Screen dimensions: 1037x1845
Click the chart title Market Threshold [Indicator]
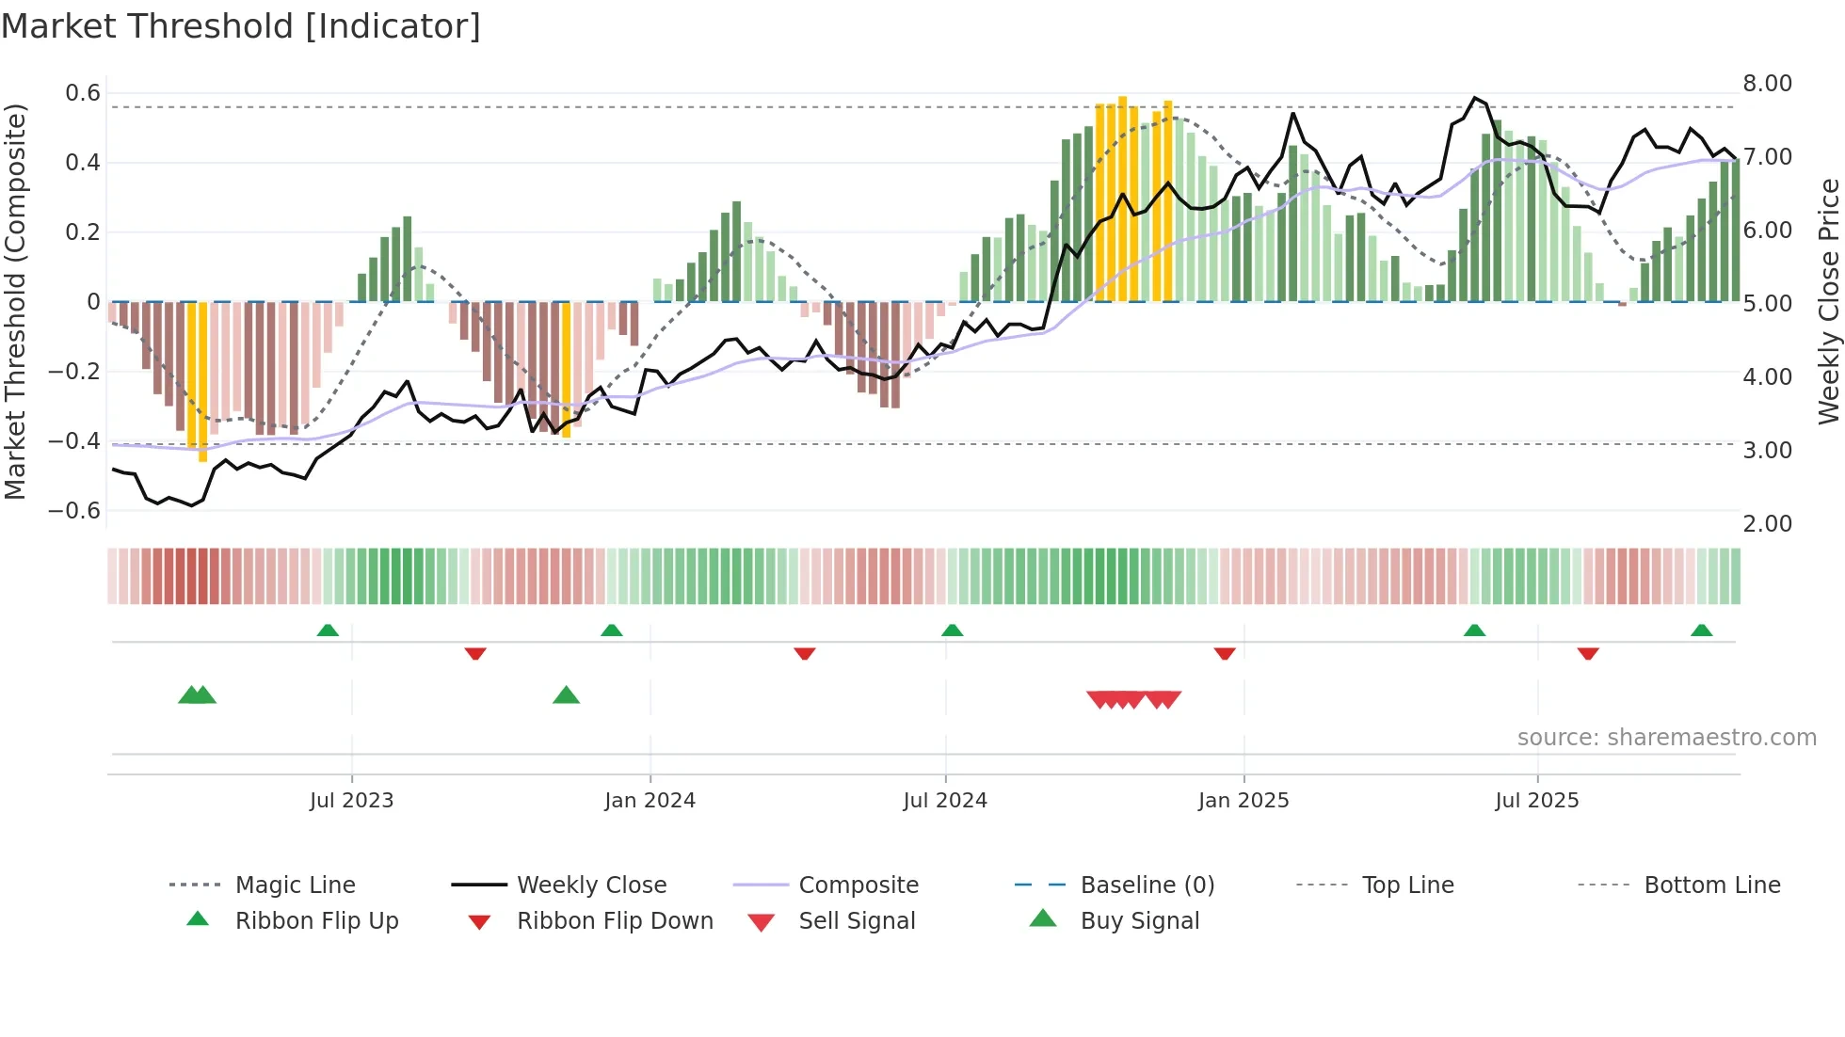tap(241, 26)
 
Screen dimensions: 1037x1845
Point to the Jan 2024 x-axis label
tap(650, 801)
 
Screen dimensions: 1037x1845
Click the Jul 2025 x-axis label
tap(1536, 801)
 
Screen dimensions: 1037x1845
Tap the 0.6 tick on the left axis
tap(83, 93)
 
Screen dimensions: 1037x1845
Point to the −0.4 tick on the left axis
tap(74, 441)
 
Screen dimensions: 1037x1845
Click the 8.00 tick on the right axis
tap(1767, 84)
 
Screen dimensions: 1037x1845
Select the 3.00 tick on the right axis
tap(1767, 451)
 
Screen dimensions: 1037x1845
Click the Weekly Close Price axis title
tap(1828, 301)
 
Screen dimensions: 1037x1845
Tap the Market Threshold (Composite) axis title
tap(15, 301)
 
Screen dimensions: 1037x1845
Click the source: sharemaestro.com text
tap(1666, 738)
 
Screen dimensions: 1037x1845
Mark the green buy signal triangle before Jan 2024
tap(566, 695)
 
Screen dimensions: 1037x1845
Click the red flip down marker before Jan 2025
tap(1224, 653)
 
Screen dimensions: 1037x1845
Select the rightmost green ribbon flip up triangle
tap(1701, 630)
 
